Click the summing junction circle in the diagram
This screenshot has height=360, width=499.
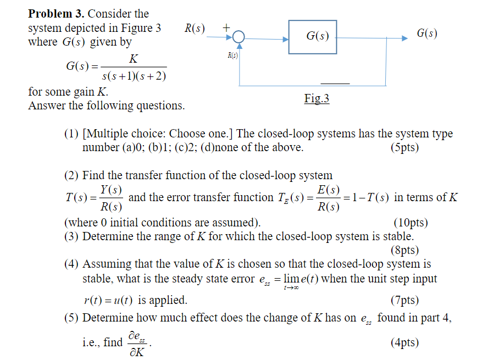click(x=239, y=38)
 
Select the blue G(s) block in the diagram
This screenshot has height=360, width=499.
click(x=312, y=37)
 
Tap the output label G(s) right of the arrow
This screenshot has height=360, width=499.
click(x=427, y=34)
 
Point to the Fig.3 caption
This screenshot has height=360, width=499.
click(x=317, y=99)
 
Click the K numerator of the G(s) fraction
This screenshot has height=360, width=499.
click(x=132, y=59)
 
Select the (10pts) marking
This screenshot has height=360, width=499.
click(x=411, y=223)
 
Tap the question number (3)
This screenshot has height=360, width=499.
click(x=71, y=236)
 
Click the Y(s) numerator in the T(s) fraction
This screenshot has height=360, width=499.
click(x=112, y=190)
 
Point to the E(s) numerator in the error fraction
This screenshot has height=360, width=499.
click(x=329, y=190)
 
